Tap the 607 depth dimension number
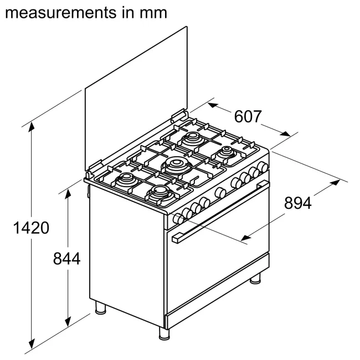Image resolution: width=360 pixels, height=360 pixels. click(x=248, y=117)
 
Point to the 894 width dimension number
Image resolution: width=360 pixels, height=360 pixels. click(x=297, y=203)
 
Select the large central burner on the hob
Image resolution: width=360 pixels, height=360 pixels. click(x=176, y=164)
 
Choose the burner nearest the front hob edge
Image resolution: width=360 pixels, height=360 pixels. click(x=160, y=193)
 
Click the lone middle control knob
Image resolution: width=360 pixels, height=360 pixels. click(x=220, y=192)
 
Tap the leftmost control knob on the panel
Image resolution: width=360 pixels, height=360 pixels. click(x=179, y=219)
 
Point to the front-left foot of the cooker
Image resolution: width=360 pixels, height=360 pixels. click(x=164, y=333)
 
